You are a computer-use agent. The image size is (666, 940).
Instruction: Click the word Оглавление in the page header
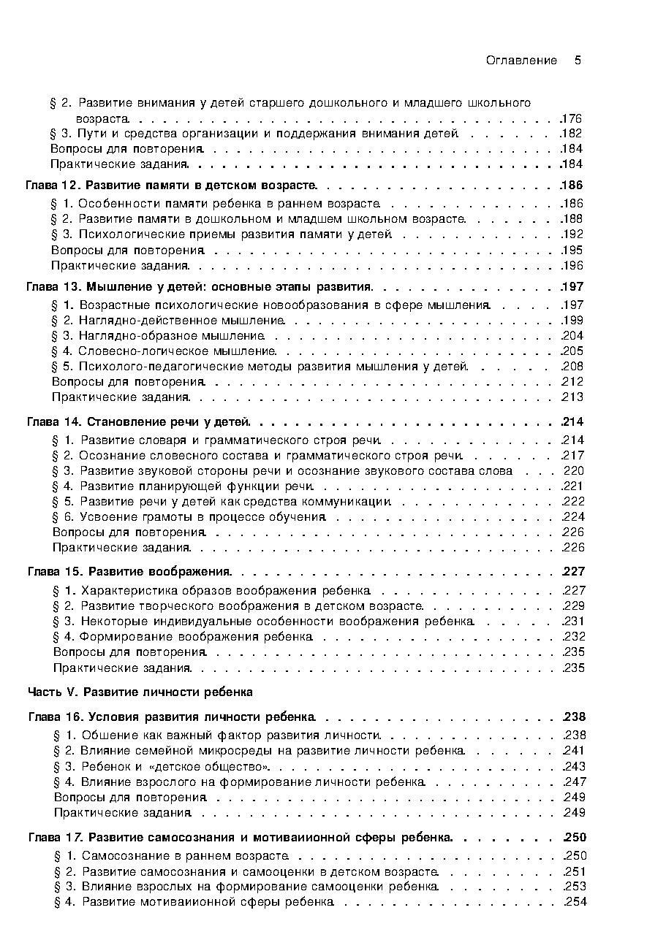click(x=521, y=61)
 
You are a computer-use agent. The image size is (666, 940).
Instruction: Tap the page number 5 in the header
click(x=578, y=61)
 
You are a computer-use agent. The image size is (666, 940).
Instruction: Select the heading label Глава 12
click(x=51, y=186)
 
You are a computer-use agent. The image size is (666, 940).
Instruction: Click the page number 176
click(x=571, y=118)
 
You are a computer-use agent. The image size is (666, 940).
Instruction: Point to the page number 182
click(x=571, y=134)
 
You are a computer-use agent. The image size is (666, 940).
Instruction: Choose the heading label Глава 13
click(x=52, y=287)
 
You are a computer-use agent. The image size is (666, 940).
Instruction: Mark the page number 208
click(x=572, y=367)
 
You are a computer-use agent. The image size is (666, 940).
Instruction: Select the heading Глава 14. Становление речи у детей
click(x=139, y=422)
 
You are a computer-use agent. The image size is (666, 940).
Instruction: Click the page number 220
click(x=574, y=471)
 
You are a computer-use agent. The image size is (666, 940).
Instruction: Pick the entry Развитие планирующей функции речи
click(x=197, y=486)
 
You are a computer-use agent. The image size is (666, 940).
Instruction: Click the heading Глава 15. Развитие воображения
click(x=129, y=572)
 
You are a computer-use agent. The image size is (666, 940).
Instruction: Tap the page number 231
click(x=574, y=622)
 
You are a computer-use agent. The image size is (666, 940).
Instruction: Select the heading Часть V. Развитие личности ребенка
click(x=140, y=692)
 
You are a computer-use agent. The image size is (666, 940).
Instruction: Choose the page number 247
click(x=575, y=782)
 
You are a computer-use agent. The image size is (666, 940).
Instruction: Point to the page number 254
click(x=575, y=902)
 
